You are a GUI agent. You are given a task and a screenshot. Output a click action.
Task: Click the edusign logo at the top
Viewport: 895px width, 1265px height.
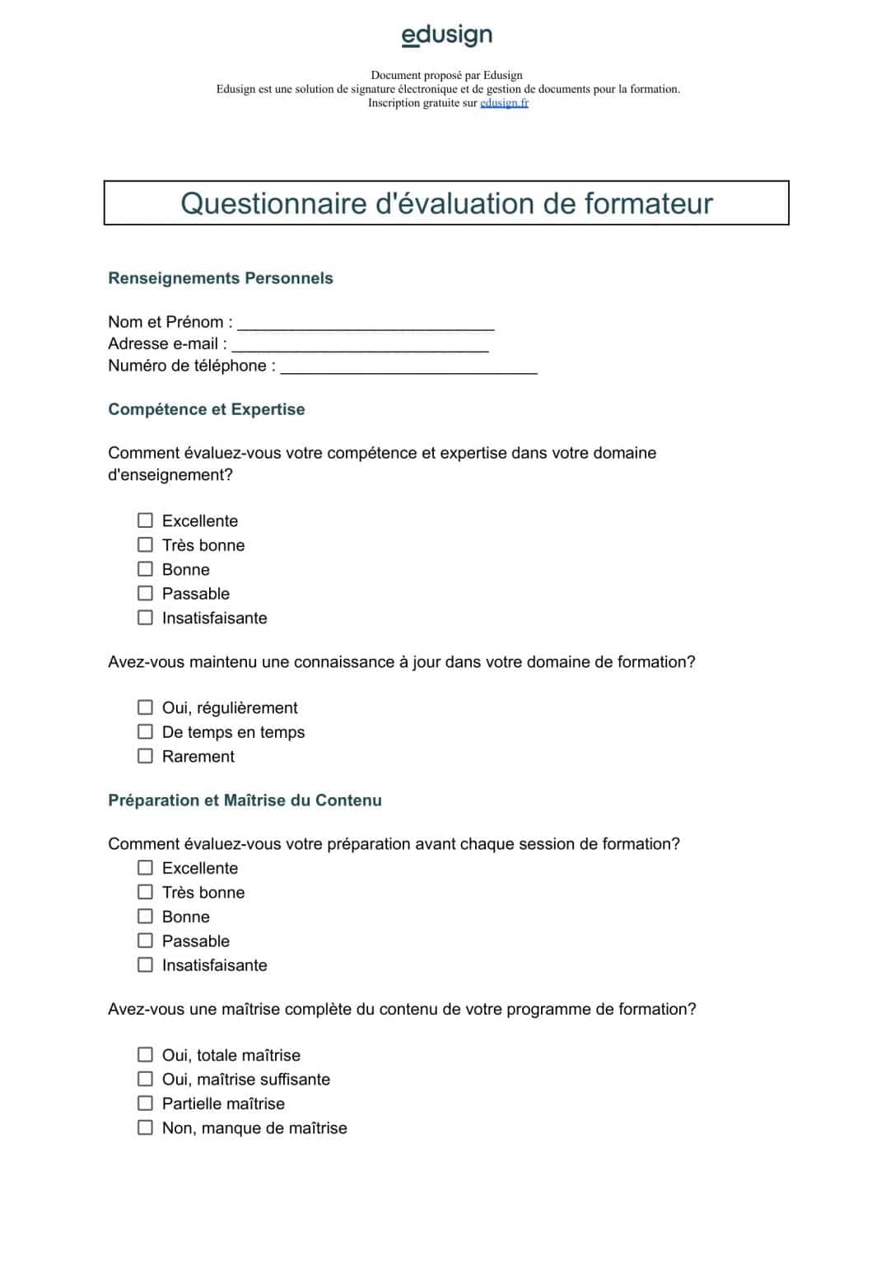446,35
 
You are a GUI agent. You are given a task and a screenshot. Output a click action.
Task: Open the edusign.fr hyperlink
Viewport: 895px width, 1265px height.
504,103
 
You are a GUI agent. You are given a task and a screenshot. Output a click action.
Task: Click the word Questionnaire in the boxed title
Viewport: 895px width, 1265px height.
273,203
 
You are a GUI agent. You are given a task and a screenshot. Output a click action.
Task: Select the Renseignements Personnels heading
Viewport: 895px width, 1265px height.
220,278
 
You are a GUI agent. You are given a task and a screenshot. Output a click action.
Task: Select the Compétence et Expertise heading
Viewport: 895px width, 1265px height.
206,409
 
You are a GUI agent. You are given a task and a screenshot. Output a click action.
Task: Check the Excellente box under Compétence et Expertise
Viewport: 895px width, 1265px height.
145,520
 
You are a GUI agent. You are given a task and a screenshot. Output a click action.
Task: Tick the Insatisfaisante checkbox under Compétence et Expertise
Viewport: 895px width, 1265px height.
145,618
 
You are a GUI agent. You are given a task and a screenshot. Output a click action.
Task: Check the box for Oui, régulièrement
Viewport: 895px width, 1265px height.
145,707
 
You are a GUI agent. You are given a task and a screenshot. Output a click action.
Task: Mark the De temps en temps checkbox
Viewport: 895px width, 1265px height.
145,731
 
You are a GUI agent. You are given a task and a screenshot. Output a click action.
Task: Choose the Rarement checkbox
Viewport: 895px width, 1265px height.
145,756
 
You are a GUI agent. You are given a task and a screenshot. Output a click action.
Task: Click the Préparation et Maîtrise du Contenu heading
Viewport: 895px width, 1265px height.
245,801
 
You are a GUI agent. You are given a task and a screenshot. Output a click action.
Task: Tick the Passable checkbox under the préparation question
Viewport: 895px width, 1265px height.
145,941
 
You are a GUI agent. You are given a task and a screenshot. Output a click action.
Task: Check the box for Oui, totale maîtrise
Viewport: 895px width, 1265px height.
145,1055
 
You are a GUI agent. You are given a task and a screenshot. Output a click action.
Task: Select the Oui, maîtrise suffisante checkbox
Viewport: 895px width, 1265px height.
145,1079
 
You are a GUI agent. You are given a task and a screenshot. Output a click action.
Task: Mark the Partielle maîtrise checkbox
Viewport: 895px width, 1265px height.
145,1104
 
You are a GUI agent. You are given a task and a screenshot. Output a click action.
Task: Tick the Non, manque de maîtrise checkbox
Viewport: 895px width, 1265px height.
145,1127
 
